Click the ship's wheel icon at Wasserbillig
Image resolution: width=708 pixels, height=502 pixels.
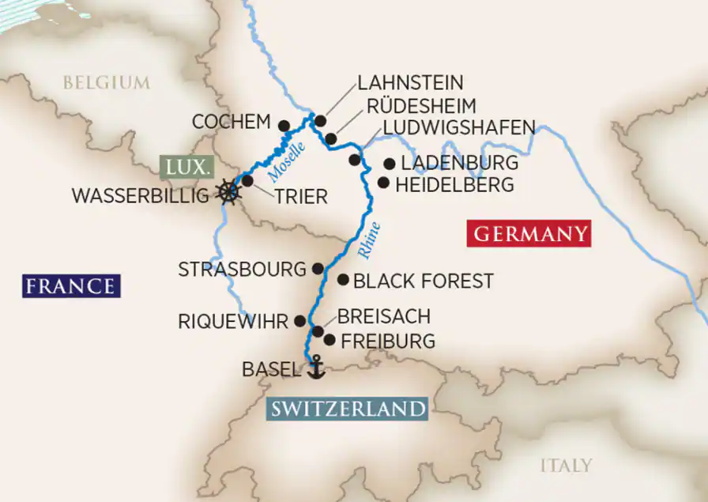[x=228, y=192]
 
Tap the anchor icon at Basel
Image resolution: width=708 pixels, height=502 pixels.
[x=315, y=366]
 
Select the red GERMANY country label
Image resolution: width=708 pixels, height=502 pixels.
[x=529, y=234]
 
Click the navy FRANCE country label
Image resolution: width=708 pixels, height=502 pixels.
[x=70, y=285]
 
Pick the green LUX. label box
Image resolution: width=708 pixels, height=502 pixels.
[x=187, y=168]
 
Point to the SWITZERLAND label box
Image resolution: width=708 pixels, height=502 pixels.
[x=348, y=409]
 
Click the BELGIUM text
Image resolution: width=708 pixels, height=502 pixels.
[x=106, y=82]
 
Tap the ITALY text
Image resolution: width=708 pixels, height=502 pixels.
[x=566, y=465]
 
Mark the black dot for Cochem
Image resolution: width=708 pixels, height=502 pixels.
[x=284, y=124]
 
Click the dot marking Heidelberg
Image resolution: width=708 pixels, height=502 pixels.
[x=383, y=183]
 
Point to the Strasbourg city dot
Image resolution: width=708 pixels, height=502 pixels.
[x=318, y=268]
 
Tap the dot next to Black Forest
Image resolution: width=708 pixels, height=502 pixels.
[x=343, y=280]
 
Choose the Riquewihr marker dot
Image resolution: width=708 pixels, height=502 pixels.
[x=299, y=320]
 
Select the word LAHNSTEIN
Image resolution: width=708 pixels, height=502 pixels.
[x=410, y=83]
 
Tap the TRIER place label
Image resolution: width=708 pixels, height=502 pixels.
[x=300, y=197]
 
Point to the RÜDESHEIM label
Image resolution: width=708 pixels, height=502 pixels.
[x=420, y=106]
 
